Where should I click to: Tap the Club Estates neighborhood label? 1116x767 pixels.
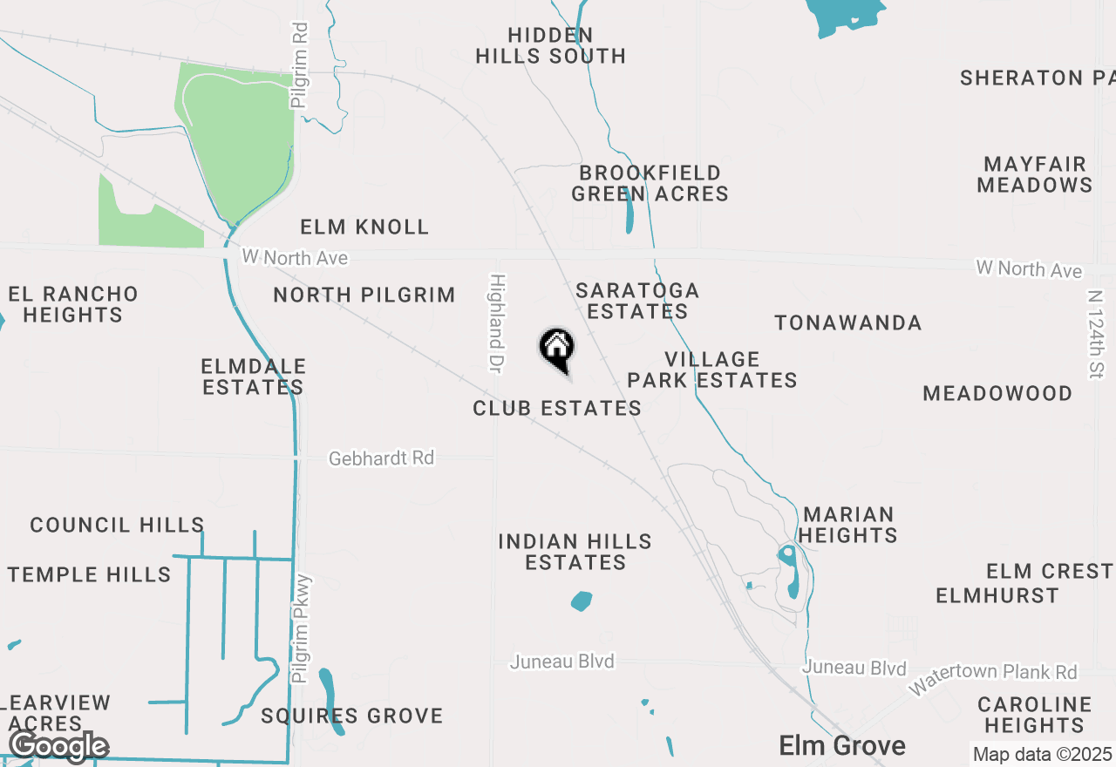(557, 408)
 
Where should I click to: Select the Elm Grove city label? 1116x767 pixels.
(841, 745)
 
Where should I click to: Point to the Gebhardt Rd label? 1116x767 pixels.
(381, 458)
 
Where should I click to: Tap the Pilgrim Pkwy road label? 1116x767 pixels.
(302, 628)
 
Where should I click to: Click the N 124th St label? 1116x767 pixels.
(1096, 335)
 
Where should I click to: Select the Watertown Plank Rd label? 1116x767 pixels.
(993, 679)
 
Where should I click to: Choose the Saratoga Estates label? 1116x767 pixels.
(637, 301)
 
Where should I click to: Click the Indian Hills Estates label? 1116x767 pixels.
(575, 552)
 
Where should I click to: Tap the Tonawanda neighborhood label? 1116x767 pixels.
(848, 323)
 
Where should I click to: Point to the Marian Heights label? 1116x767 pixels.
(848, 525)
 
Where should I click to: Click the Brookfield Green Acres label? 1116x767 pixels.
(650, 183)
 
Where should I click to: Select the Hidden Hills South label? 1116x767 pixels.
(551, 45)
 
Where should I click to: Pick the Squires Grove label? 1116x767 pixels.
(352, 716)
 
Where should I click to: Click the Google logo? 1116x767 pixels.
(58, 746)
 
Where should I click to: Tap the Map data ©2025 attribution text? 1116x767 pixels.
(1042, 754)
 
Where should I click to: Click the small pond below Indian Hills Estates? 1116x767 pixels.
(582, 601)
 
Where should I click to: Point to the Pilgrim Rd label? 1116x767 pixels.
(300, 65)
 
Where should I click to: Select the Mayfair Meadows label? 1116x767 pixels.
(1035, 174)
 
